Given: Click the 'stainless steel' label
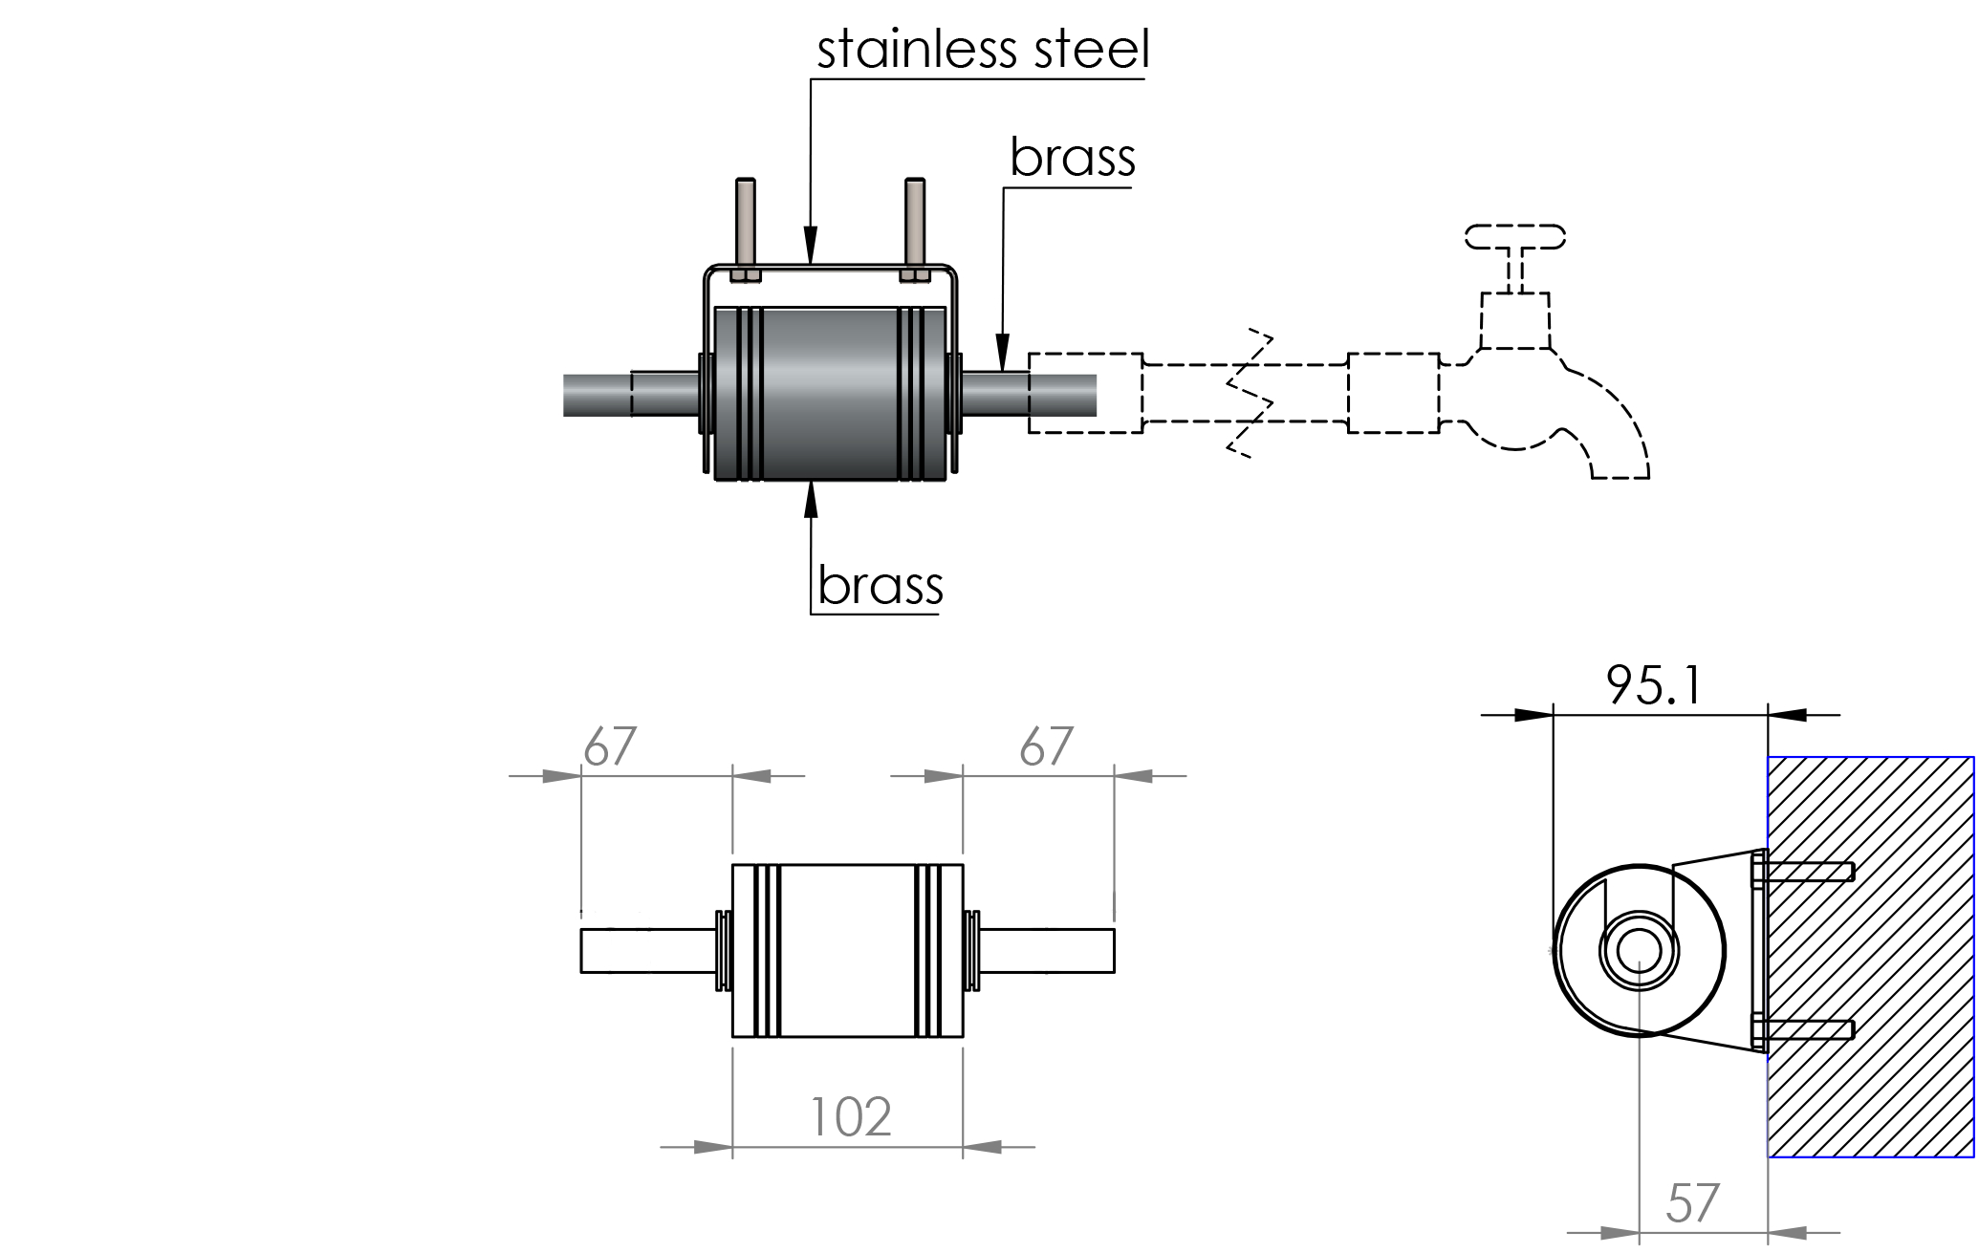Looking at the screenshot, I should [x=983, y=50].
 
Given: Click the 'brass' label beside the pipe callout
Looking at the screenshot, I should [x=1072, y=158].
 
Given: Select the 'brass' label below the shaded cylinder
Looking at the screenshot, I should [x=880, y=585].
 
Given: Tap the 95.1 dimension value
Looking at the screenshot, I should [x=1653, y=685].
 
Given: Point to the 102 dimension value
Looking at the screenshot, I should [x=850, y=1116].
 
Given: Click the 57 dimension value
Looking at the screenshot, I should [x=1692, y=1203].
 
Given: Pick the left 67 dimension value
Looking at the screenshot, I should [x=610, y=746].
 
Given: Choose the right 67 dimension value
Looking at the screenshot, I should [x=1046, y=746].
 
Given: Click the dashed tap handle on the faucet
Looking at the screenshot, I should [x=1514, y=237].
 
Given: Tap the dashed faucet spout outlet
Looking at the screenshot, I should [x=1620, y=468].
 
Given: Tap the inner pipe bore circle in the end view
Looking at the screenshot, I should [x=1639, y=951].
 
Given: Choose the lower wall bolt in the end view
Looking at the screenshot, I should [x=1807, y=1030].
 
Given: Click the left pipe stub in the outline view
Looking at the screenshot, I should [x=648, y=951].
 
